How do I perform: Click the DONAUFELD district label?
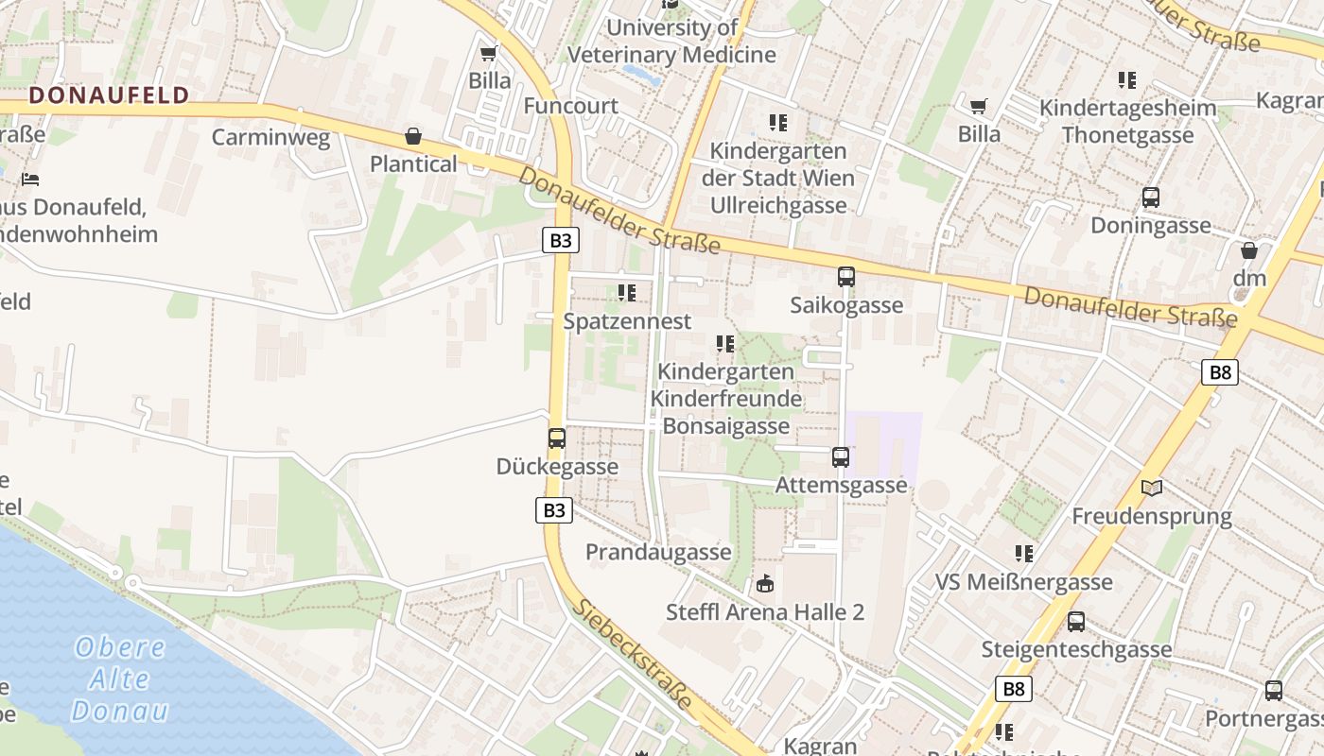tap(109, 94)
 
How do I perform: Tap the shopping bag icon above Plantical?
tap(413, 136)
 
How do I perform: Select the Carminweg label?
tap(270, 137)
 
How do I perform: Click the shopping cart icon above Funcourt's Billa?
tap(489, 53)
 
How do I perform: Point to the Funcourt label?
tap(570, 106)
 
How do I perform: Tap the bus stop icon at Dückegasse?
tap(557, 438)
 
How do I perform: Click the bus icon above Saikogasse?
tap(846, 277)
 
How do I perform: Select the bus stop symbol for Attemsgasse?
tap(841, 457)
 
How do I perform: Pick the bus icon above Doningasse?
tap(1151, 198)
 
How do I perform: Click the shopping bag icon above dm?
tap(1249, 250)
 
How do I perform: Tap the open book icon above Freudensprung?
tap(1152, 488)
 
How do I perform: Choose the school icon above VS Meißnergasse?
tap(1024, 553)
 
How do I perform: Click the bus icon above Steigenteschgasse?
tap(1076, 622)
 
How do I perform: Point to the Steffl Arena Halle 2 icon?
tap(765, 584)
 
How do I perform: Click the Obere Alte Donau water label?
tap(120, 679)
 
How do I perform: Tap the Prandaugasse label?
tap(658, 552)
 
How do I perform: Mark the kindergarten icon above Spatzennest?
tap(627, 293)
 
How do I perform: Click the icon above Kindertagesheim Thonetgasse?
tap(1127, 79)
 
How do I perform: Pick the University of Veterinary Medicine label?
tap(671, 41)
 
